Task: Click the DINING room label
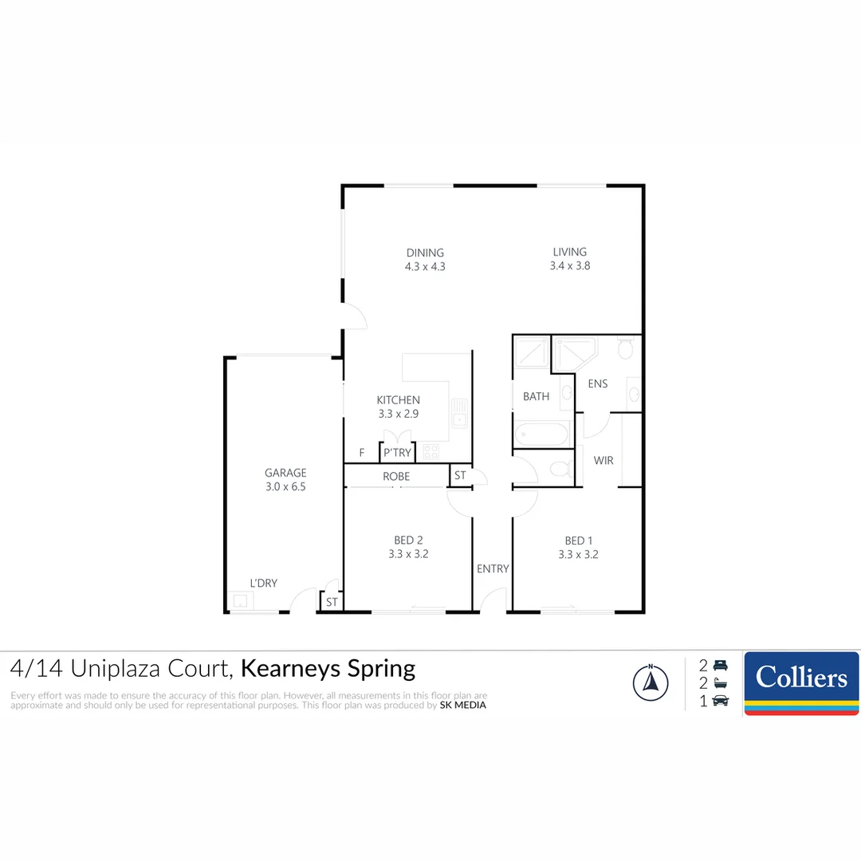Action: click(x=425, y=254)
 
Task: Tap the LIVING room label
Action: click(x=569, y=252)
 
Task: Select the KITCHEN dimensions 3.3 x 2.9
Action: click(x=398, y=414)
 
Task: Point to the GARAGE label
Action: click(x=285, y=473)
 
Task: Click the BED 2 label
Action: click(x=408, y=541)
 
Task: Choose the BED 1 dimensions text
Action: click(x=578, y=555)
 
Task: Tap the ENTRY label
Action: click(x=493, y=569)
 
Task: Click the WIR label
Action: click(x=603, y=461)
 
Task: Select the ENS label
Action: click(x=597, y=383)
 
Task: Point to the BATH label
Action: click(x=536, y=396)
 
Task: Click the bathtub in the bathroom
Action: click(x=541, y=434)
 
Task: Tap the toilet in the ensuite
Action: click(x=626, y=348)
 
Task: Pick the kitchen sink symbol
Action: click(x=459, y=413)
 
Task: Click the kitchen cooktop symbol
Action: click(x=431, y=452)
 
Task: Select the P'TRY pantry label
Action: click(x=397, y=453)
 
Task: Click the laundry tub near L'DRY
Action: click(x=240, y=601)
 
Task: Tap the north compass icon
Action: click(x=651, y=682)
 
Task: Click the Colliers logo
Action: click(x=801, y=683)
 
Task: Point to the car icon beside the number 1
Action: click(x=721, y=701)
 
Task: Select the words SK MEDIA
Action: click(x=463, y=705)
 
